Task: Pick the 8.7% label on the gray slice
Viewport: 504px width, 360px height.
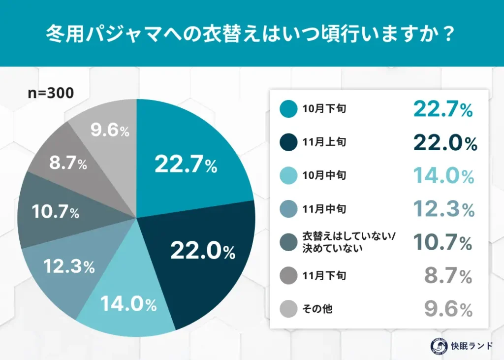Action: click(x=67, y=164)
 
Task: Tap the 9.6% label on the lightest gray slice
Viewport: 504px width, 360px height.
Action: click(x=110, y=131)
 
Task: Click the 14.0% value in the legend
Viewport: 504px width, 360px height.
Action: click(x=443, y=176)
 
